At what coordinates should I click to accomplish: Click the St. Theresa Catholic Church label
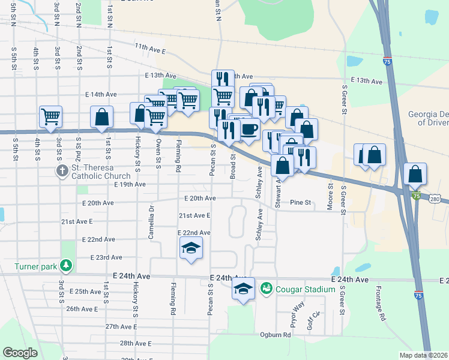(x=100, y=172)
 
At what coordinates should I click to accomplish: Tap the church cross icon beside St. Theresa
(x=62, y=172)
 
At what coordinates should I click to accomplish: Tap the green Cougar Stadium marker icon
(x=266, y=289)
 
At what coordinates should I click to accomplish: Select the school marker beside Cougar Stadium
(x=243, y=289)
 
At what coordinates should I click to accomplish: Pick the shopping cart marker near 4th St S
(x=51, y=117)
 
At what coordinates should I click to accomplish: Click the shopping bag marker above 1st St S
(x=101, y=117)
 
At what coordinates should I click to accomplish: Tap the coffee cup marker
(x=250, y=128)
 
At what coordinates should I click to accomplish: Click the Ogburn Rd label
(x=276, y=334)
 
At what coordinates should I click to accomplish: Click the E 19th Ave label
(x=130, y=184)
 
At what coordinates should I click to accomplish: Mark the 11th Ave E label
(x=150, y=47)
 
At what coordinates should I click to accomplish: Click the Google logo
(x=20, y=353)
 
